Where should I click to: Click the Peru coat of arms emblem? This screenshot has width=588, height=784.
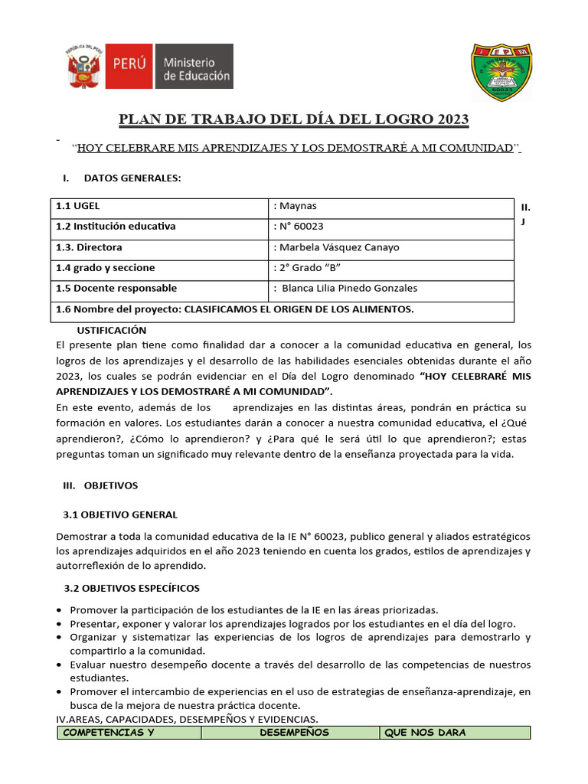point(86,67)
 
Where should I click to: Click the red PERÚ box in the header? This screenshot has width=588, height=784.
point(130,67)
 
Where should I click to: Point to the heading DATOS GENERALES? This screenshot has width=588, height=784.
point(132,178)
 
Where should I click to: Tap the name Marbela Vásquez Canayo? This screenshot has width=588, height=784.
point(339,247)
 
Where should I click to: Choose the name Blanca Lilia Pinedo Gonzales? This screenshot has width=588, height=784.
point(350,289)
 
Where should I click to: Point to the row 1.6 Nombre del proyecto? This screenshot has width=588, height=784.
point(234,309)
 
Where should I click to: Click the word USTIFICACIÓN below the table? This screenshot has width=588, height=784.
point(112,330)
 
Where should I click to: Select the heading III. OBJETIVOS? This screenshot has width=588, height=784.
point(100,485)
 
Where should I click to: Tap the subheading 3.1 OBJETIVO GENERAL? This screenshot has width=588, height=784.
point(119,514)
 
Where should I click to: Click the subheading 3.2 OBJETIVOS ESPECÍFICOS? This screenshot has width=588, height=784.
point(131,588)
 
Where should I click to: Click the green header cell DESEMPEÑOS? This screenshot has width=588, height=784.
point(294,733)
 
